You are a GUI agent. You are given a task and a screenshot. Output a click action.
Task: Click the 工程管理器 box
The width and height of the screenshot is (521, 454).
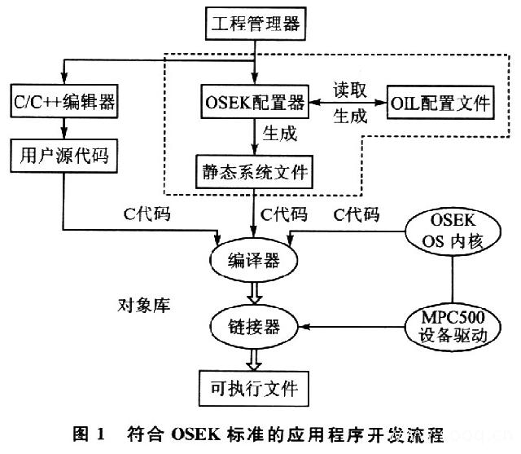(x=255, y=23)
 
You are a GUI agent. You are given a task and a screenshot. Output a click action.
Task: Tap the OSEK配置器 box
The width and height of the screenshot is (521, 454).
(x=255, y=103)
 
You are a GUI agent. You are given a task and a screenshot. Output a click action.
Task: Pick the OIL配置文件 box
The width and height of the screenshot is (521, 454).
(x=440, y=103)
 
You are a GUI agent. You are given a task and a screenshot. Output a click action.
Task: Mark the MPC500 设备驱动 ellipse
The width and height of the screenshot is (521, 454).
(x=450, y=327)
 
